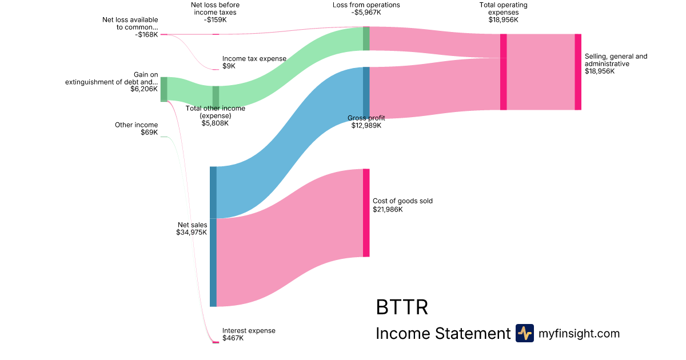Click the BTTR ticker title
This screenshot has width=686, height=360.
[x=402, y=307]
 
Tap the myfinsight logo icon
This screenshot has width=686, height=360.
[x=524, y=333]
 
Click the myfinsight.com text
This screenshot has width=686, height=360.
[x=579, y=333]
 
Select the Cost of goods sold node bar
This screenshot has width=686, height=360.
[x=366, y=213]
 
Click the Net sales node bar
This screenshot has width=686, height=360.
[x=213, y=236]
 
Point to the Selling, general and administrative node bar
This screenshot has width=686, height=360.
[x=578, y=71]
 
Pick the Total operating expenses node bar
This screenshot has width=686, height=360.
[x=503, y=71]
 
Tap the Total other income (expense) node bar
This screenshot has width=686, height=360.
[x=216, y=97]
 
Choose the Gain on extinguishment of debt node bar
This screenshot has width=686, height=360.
[x=163, y=89]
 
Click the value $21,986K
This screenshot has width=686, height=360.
[x=388, y=210]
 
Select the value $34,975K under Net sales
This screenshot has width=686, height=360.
[x=192, y=233]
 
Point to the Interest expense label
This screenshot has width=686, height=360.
[x=249, y=330]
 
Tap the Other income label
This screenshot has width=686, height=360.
[x=136, y=125]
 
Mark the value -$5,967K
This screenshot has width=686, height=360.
[x=366, y=13]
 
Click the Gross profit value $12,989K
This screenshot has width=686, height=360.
[x=366, y=126]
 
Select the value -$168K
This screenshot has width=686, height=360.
[x=146, y=35]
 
